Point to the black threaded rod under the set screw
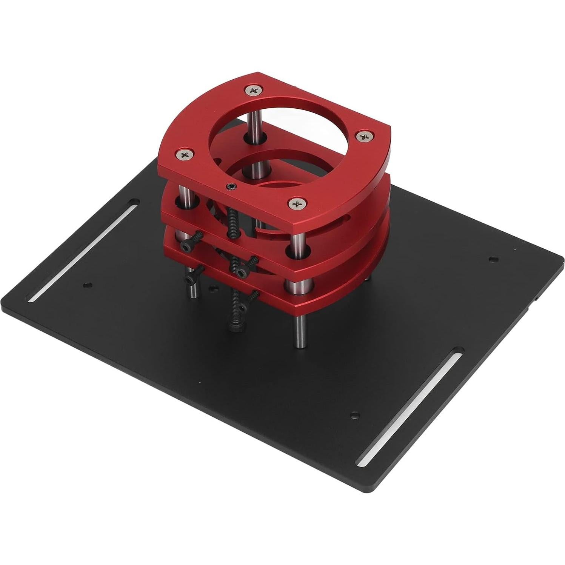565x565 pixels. pos(233,215)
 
